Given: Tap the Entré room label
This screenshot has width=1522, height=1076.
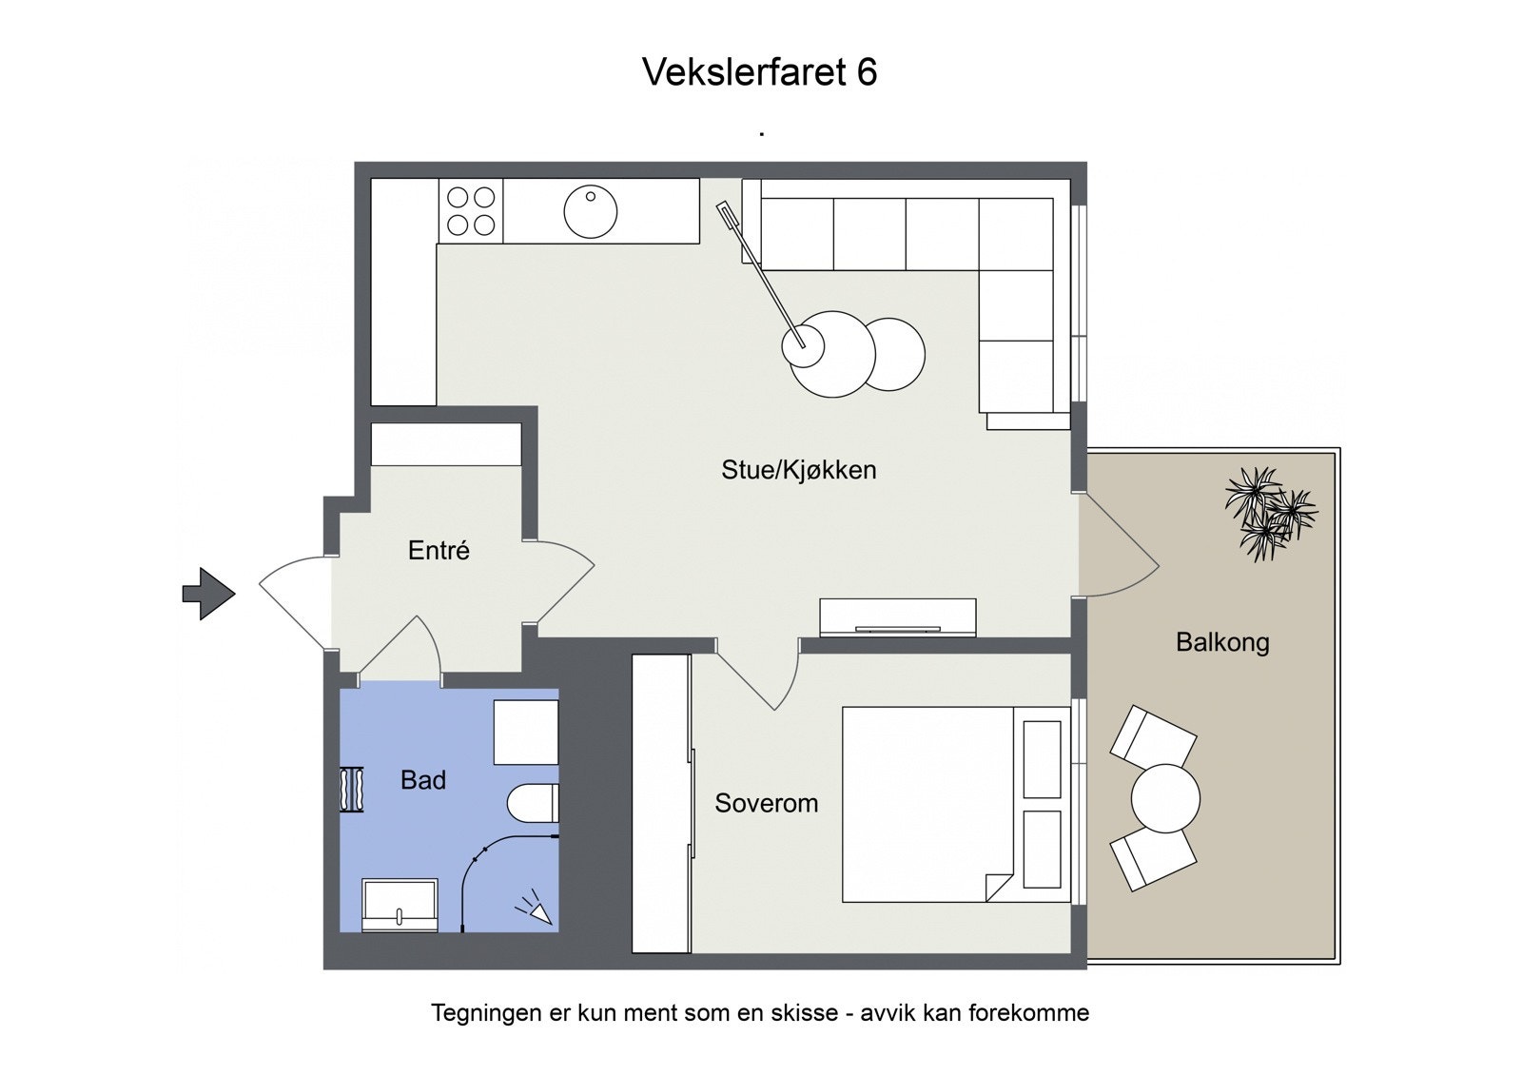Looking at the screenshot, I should (439, 551).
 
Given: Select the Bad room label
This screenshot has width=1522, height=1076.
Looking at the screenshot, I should (423, 780).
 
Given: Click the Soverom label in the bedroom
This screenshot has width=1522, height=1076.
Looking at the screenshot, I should (766, 803).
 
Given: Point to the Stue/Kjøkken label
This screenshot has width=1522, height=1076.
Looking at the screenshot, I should (798, 470).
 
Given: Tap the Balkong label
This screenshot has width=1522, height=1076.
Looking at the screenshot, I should (1222, 642).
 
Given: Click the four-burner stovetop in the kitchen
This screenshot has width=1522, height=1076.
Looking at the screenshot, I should (471, 211).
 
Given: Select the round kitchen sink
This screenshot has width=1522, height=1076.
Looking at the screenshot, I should (590, 211).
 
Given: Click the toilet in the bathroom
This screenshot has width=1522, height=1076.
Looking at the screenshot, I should (533, 803).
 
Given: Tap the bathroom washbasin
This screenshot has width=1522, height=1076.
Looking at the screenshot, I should (400, 904).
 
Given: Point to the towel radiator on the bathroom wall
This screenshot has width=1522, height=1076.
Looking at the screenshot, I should (353, 789).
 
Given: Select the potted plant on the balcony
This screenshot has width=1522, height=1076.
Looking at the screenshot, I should (1269, 512).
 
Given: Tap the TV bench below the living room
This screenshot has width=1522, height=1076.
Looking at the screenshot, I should (897, 617).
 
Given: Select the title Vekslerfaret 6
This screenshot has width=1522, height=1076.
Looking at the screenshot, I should (759, 72).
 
